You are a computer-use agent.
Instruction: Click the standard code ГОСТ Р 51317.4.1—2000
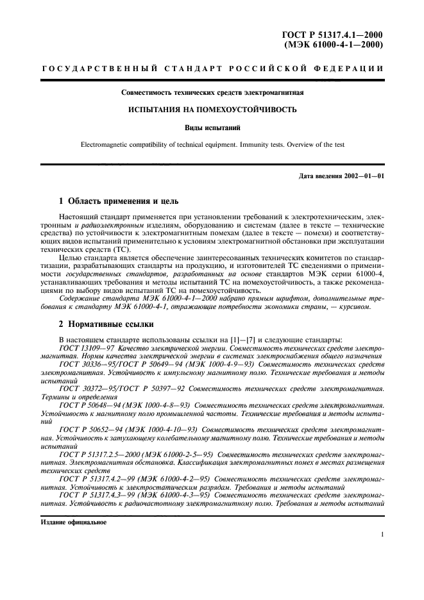(334, 35)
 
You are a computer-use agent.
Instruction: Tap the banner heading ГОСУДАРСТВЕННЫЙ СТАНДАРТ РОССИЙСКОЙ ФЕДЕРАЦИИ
(212, 69)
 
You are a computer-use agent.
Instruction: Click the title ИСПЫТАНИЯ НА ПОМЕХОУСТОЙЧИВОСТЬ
(212, 110)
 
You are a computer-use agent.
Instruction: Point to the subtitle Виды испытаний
(212, 127)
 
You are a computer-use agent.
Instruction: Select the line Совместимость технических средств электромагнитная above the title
(212, 92)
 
